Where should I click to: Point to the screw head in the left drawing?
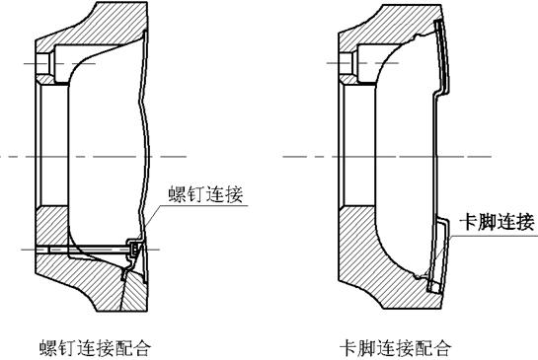[x=135, y=252]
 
